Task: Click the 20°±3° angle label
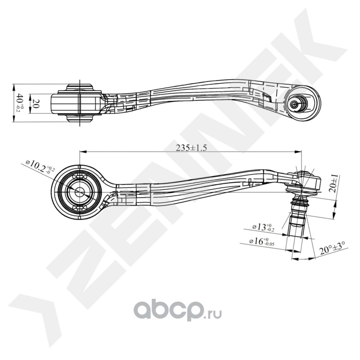(332, 248)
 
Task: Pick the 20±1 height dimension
(334, 184)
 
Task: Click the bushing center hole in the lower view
(79, 191)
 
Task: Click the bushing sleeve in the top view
(79, 103)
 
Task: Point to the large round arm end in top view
(303, 103)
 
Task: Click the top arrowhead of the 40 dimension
(13, 85)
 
